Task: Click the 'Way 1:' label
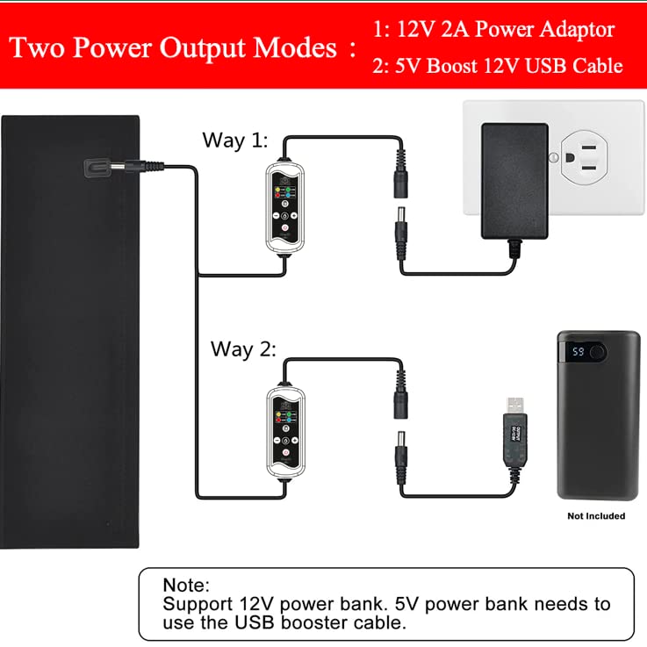pos(234,140)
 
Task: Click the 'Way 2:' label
pos(243,349)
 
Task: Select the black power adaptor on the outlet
pos(514,181)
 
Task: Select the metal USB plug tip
pos(512,405)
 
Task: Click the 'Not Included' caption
pos(596,516)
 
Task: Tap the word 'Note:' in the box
pos(186,585)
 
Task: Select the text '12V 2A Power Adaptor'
pos(506,30)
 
